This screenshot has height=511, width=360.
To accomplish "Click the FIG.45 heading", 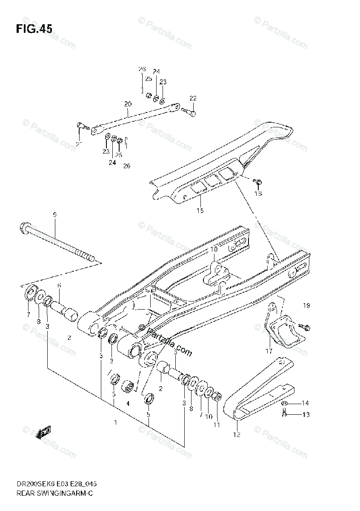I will [x=34, y=29].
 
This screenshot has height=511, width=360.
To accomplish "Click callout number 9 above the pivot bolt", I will [x=54, y=215].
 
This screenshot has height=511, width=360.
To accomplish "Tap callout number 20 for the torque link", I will [x=128, y=104].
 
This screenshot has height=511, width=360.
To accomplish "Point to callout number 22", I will [x=193, y=98].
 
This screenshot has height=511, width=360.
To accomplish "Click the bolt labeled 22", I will [x=190, y=112].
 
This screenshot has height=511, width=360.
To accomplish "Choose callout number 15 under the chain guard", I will [x=200, y=210].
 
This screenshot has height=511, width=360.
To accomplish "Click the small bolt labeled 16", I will [x=258, y=183].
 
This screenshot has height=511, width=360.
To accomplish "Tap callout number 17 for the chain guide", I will [x=269, y=351].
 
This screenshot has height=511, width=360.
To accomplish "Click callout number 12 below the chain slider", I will [x=237, y=434].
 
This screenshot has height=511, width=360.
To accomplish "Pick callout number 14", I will [x=305, y=403].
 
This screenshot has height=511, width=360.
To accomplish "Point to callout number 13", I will [x=305, y=414].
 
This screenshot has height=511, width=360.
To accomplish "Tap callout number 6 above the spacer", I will [x=59, y=285].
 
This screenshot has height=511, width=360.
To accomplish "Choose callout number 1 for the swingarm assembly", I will [x=115, y=422].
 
